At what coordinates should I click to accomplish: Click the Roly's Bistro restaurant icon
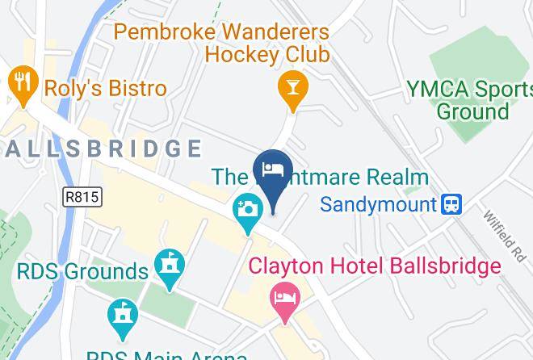pyautogui.click(x=21, y=85)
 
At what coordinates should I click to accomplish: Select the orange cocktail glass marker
pyautogui.click(x=292, y=89)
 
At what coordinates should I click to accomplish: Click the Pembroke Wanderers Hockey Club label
pyautogui.click(x=222, y=44)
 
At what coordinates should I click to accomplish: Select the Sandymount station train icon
pyautogui.click(x=451, y=203)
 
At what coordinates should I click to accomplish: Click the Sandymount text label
pyautogui.click(x=378, y=203)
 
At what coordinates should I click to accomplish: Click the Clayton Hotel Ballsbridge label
pyautogui.click(x=374, y=265)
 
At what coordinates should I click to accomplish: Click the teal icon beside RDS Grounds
pyautogui.click(x=171, y=266)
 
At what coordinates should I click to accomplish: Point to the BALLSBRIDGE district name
pyautogui.click(x=101, y=149)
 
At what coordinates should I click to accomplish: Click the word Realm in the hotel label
pyautogui.click(x=392, y=176)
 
